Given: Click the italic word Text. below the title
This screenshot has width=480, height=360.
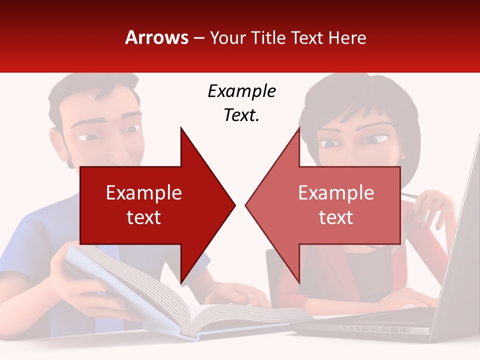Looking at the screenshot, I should (241, 115).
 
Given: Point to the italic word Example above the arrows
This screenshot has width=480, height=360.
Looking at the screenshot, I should (241, 91).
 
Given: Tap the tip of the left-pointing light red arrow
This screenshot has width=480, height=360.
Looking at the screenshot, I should (246, 205).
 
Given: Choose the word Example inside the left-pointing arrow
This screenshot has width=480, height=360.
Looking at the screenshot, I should (336, 193).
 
